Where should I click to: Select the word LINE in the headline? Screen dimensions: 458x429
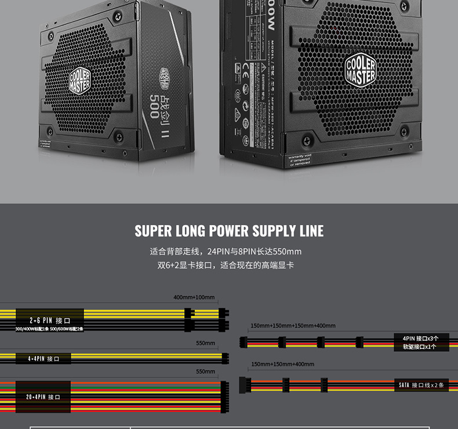(x=312, y=231)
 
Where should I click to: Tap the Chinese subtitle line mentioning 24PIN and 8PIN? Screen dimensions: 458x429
(x=226, y=252)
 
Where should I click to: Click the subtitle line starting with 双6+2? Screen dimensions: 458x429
(x=226, y=266)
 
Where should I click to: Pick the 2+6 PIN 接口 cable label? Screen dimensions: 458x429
(x=50, y=320)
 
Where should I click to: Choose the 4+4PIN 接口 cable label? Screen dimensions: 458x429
(x=49, y=359)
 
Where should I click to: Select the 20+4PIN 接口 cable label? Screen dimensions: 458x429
(x=43, y=397)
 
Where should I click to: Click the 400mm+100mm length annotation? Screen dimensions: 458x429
(x=194, y=297)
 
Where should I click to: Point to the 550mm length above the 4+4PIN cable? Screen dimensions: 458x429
(x=205, y=343)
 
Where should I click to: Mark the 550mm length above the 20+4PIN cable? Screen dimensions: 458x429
(x=205, y=371)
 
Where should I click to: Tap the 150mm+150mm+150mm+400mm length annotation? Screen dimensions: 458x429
(x=293, y=326)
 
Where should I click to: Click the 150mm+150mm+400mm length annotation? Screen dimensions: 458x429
(x=282, y=364)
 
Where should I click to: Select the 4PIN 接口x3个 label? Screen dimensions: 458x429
(x=420, y=338)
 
